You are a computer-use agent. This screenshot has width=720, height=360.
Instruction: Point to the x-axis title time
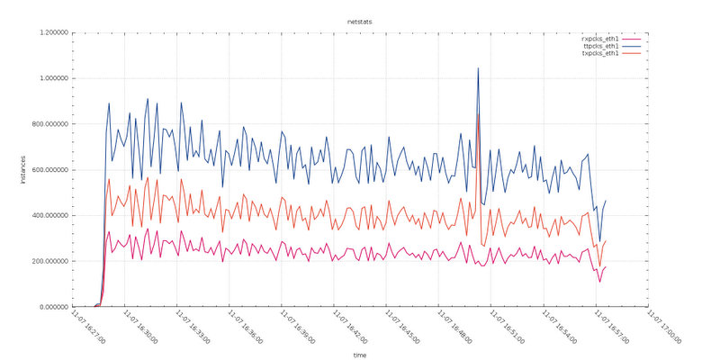coord(359,355)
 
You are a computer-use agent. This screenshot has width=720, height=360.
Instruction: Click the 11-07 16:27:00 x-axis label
coord(88,328)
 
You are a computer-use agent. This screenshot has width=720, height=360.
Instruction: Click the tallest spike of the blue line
coord(478,68)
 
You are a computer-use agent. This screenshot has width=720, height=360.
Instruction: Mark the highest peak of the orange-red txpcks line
coord(478,114)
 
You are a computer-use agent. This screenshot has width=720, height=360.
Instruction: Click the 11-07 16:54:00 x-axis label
coord(559,328)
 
